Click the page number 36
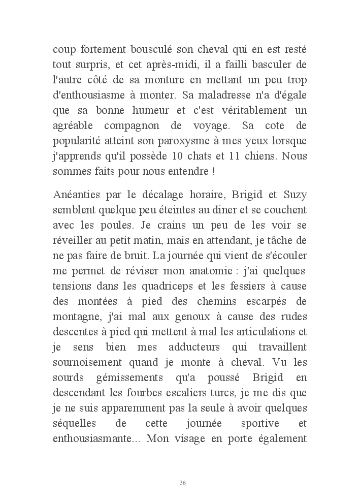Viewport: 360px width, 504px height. tap(183, 482)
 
